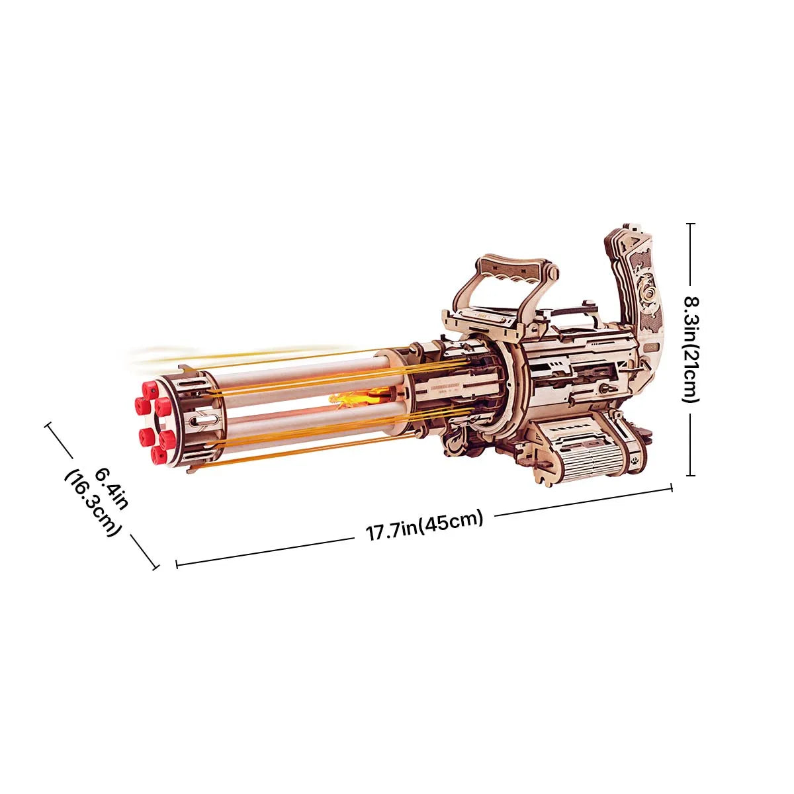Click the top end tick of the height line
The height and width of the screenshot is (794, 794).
coord(691,224)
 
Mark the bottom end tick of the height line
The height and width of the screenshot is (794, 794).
coord(691,474)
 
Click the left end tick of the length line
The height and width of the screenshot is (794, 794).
coord(177,564)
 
